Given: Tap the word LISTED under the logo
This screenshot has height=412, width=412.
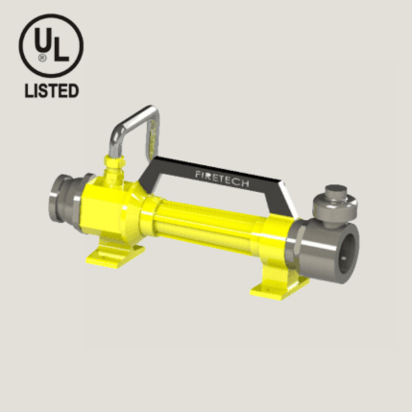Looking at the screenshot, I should (x=52, y=91).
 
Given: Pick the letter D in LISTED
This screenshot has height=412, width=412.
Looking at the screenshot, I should (x=74, y=91).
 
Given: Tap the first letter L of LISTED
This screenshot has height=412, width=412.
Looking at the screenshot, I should (x=29, y=91).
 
